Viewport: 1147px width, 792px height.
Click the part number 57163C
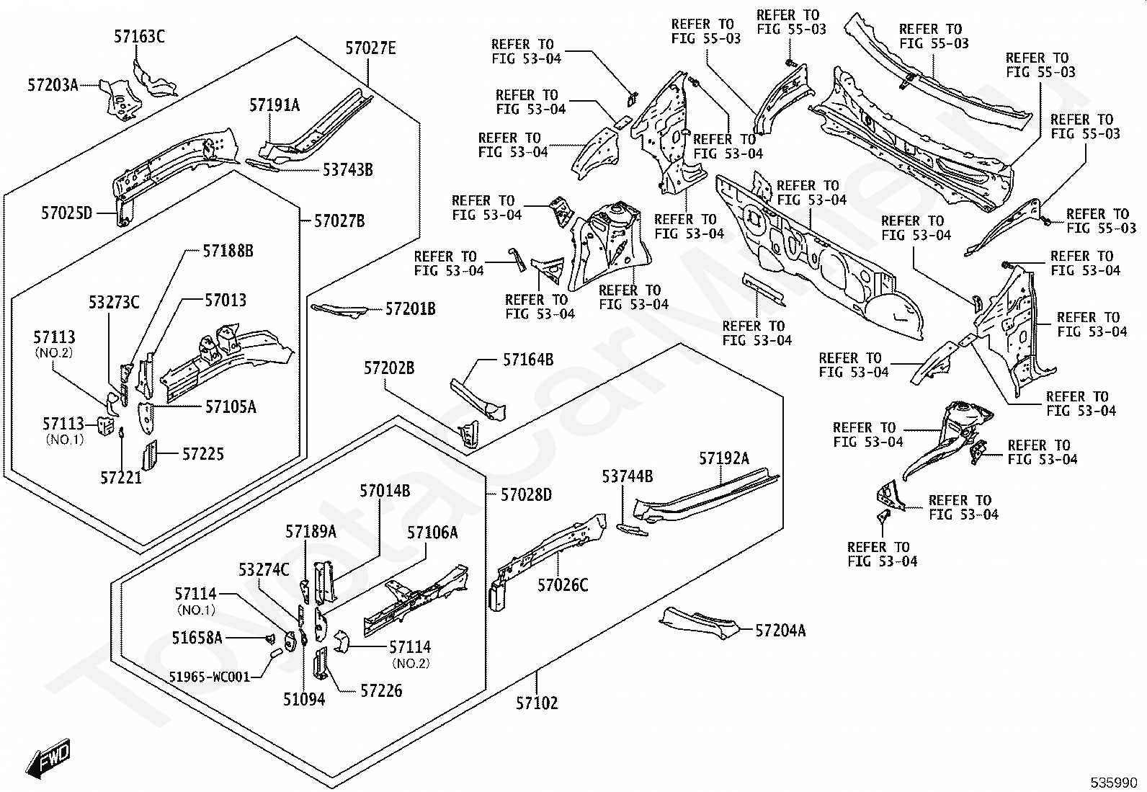tap(138, 36)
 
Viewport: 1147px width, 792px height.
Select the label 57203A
tap(53, 85)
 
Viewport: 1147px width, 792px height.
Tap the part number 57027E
tap(370, 48)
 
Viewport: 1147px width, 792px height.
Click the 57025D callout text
tap(66, 213)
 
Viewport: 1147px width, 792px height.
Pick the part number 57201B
tap(410, 309)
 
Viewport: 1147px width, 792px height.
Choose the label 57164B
tap(528, 359)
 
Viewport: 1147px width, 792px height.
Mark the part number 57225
tap(202, 454)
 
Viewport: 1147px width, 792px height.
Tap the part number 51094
tap(303, 698)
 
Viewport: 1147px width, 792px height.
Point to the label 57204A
tap(780, 631)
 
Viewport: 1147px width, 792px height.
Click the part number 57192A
tap(724, 458)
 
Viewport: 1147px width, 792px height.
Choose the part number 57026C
tap(563, 584)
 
